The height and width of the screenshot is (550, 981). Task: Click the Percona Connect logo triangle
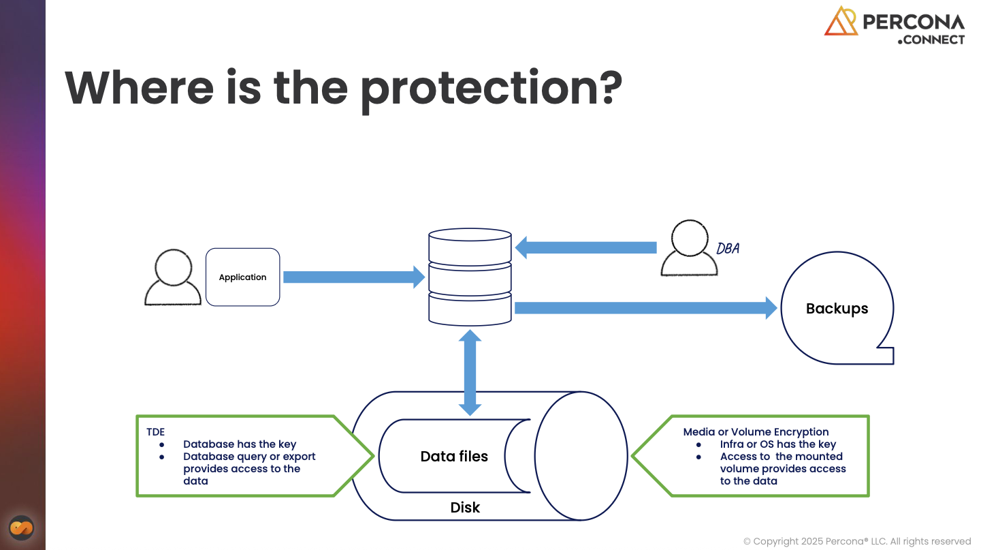(x=841, y=22)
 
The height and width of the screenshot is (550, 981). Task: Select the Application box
(x=243, y=277)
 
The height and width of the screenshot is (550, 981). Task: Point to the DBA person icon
(x=689, y=248)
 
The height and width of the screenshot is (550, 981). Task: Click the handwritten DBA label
(x=728, y=249)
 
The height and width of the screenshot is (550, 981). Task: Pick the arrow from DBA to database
(x=585, y=247)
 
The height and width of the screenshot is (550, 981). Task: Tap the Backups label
(x=837, y=309)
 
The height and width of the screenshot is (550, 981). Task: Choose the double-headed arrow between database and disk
(x=470, y=372)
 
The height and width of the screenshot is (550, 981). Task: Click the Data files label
(x=454, y=457)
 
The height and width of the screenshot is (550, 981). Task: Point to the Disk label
(x=465, y=508)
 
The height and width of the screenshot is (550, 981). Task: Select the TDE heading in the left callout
(x=155, y=432)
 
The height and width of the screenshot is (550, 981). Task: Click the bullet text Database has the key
(x=240, y=444)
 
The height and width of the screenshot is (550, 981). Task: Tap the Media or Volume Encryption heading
(x=756, y=432)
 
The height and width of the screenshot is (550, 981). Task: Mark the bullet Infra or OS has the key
(x=777, y=444)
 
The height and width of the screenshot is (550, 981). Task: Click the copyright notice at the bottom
(x=856, y=542)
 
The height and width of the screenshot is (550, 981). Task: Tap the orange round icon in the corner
(x=22, y=528)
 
